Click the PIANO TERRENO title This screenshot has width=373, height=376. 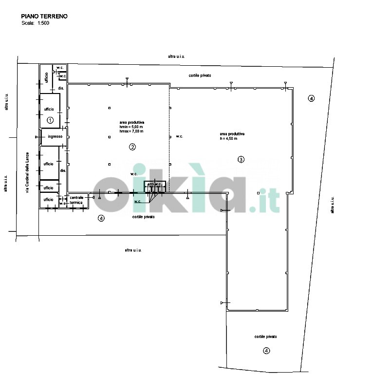pyautogui.click(x=44, y=16)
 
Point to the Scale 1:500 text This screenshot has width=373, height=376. pyautogui.click(x=35, y=23)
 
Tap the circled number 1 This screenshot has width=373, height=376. pyautogui.click(x=50, y=119)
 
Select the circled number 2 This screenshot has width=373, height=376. pyautogui.click(x=131, y=147)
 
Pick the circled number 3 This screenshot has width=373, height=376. pyautogui.click(x=240, y=159)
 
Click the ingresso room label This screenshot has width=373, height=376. pyautogui.click(x=55, y=136)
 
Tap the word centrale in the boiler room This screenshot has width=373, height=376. pyautogui.click(x=77, y=198)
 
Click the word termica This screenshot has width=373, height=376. pyautogui.click(x=76, y=202)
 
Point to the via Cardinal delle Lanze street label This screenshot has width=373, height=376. pyautogui.click(x=27, y=172)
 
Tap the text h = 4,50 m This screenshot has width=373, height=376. pyautogui.click(x=228, y=139)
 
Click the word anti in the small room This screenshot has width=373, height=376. pyautogui.click(x=150, y=185)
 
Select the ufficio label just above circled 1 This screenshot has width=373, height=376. pyautogui.click(x=48, y=109)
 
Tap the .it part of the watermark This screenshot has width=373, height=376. pyautogui.click(x=264, y=200)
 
